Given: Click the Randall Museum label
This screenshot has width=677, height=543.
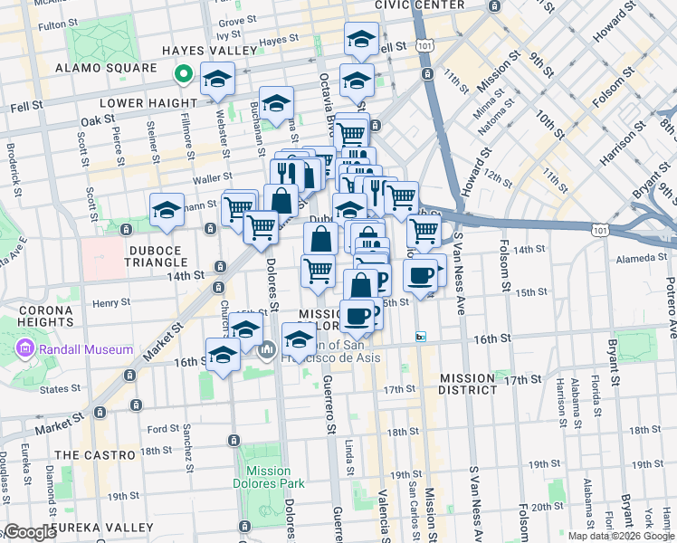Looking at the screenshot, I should coord(87,349).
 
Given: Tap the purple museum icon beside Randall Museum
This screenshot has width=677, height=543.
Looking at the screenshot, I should coord(24,349).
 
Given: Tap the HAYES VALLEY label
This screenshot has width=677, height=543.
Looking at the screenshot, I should coord(196,51).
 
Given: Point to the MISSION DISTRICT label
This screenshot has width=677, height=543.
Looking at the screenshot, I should coord(467,384).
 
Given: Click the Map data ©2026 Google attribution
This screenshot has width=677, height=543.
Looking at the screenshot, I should coord(619,536).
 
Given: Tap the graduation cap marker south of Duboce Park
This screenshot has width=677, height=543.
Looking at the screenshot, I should coord(167,213).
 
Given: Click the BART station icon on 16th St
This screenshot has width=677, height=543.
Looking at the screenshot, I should coord(421,337).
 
